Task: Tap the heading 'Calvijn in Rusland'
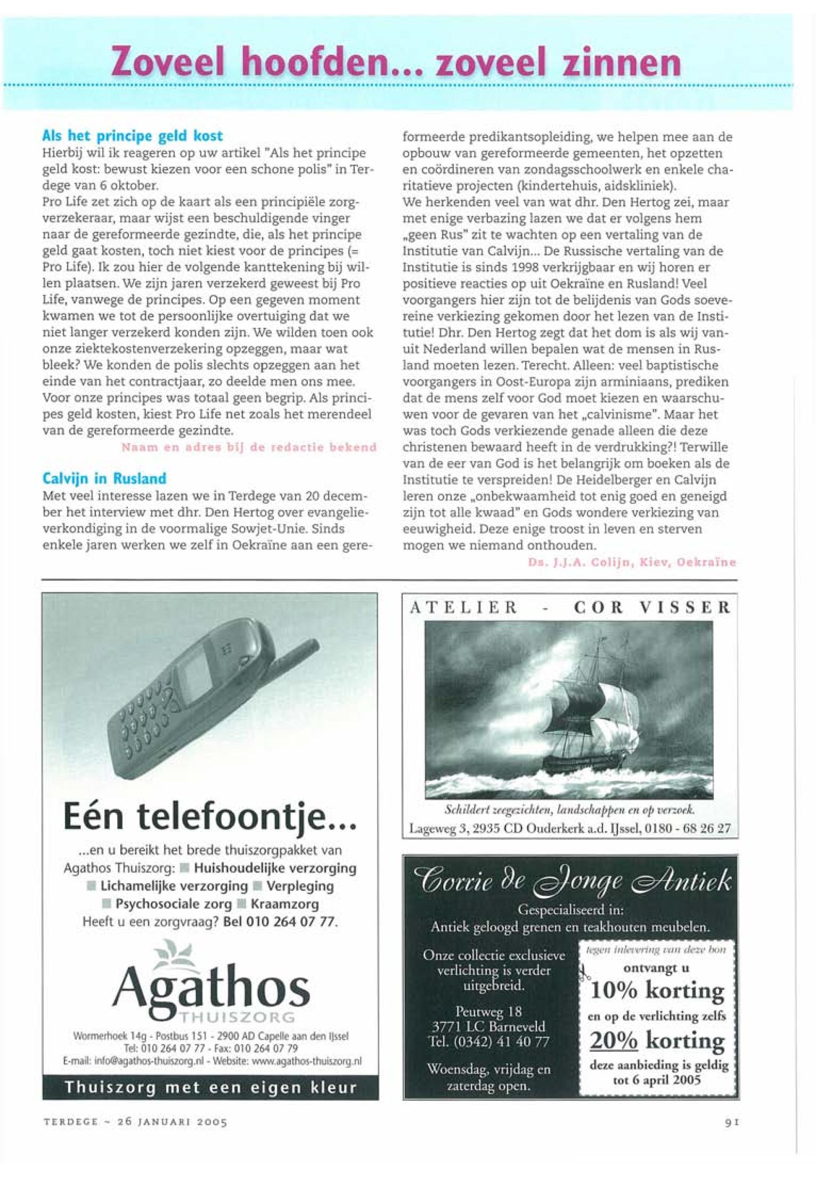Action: point(104,478)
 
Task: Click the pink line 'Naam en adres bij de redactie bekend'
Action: point(249,447)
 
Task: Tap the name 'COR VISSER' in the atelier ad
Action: point(651,608)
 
